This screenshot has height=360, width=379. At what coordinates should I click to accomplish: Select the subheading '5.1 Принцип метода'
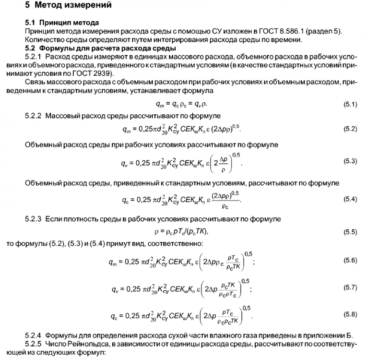(62, 23)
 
